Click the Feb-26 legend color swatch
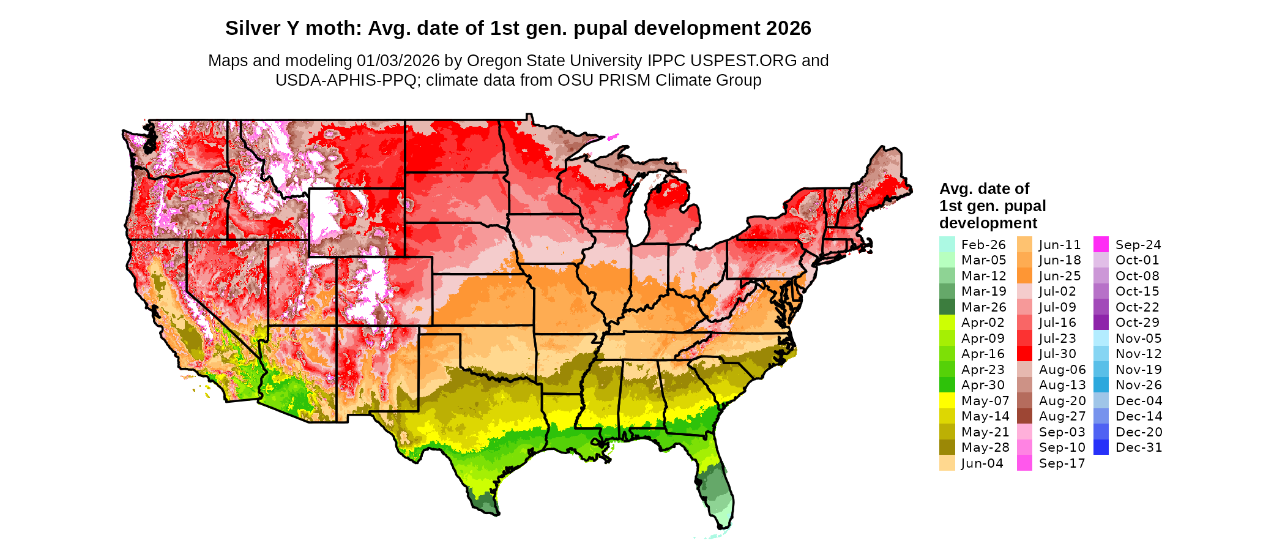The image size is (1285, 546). pyautogui.click(x=947, y=244)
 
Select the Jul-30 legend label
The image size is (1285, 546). pyautogui.click(x=1057, y=354)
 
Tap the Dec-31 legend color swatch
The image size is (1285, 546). pyautogui.click(x=1101, y=447)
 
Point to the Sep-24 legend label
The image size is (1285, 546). pyautogui.click(x=1138, y=244)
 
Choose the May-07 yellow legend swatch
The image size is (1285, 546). pyautogui.click(x=947, y=401)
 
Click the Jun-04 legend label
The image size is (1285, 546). pyautogui.click(x=982, y=463)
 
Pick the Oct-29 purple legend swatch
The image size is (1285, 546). pyautogui.click(x=1101, y=323)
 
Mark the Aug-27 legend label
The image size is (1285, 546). pyautogui.click(x=1062, y=416)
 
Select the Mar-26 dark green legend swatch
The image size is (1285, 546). pyautogui.click(x=947, y=307)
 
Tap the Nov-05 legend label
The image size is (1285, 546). pyautogui.click(x=1138, y=338)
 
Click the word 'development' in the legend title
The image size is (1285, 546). pyautogui.click(x=988, y=223)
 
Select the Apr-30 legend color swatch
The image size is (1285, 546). pyautogui.click(x=947, y=385)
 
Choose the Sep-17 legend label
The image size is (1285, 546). pyautogui.click(x=1062, y=463)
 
